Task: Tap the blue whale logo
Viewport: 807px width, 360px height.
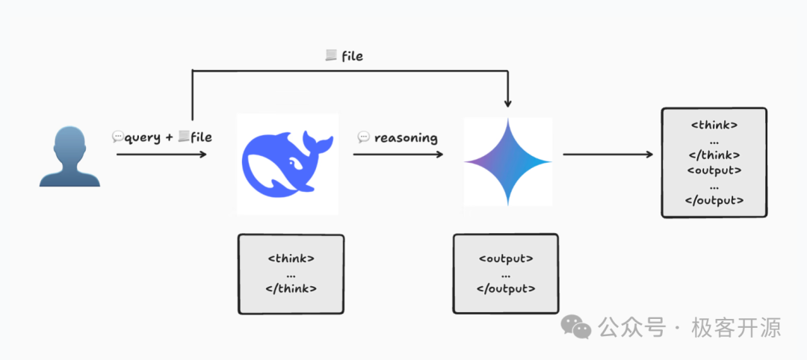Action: click(x=287, y=164)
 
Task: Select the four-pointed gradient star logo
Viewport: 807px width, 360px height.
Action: click(x=508, y=161)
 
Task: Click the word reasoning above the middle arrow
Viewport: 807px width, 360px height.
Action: click(x=406, y=137)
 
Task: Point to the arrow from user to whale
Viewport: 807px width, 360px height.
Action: click(x=161, y=155)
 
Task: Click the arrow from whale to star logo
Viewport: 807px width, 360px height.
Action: click(x=397, y=155)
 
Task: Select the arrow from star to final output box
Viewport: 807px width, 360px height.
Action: click(x=607, y=155)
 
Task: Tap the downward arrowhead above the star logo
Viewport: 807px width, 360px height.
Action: click(x=508, y=103)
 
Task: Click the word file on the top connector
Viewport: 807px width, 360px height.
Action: click(x=352, y=56)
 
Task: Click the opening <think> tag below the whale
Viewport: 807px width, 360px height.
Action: click(x=291, y=258)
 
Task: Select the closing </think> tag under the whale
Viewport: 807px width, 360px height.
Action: click(x=291, y=288)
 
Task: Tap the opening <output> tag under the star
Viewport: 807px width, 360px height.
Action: click(x=506, y=259)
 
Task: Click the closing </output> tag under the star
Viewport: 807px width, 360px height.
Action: click(x=506, y=288)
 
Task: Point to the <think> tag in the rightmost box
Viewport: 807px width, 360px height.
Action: click(x=714, y=125)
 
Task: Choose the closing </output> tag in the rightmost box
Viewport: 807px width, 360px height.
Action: click(x=714, y=200)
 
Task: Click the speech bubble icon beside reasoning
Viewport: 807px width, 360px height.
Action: click(x=364, y=137)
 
